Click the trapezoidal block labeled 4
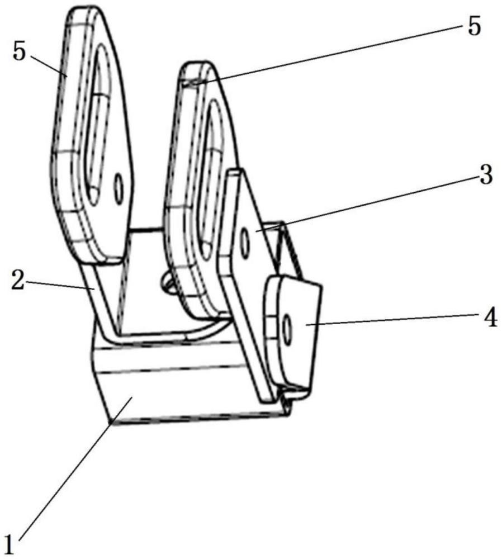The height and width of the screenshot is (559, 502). click(296, 335)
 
